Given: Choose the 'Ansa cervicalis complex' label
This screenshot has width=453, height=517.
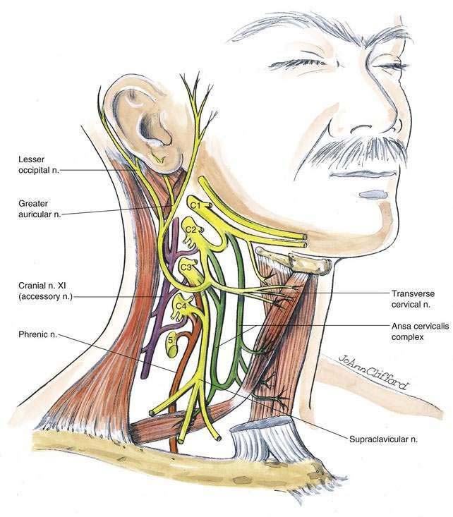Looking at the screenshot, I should point(416,332).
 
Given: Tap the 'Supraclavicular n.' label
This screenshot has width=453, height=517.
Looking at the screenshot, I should point(383,438).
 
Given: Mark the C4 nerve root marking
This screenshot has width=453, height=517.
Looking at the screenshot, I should point(181,305).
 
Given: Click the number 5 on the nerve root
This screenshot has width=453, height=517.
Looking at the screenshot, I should point(171,339).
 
